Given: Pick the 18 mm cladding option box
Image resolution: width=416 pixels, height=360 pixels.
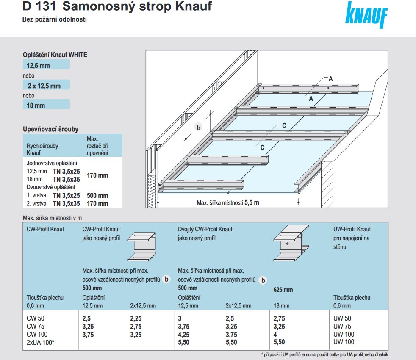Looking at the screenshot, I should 46,105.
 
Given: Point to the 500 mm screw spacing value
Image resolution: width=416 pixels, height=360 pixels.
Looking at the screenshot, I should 97,196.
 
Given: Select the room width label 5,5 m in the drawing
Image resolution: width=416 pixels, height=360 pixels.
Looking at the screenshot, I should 251,202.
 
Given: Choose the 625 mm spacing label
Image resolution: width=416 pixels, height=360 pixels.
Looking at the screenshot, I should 283,290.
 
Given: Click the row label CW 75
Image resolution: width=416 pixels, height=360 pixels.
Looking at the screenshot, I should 35,327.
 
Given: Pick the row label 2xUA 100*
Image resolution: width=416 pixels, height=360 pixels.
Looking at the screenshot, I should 40,342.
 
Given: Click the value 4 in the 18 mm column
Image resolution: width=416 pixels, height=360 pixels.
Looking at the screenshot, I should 276,334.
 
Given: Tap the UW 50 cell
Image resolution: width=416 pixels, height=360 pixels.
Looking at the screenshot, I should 342,319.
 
